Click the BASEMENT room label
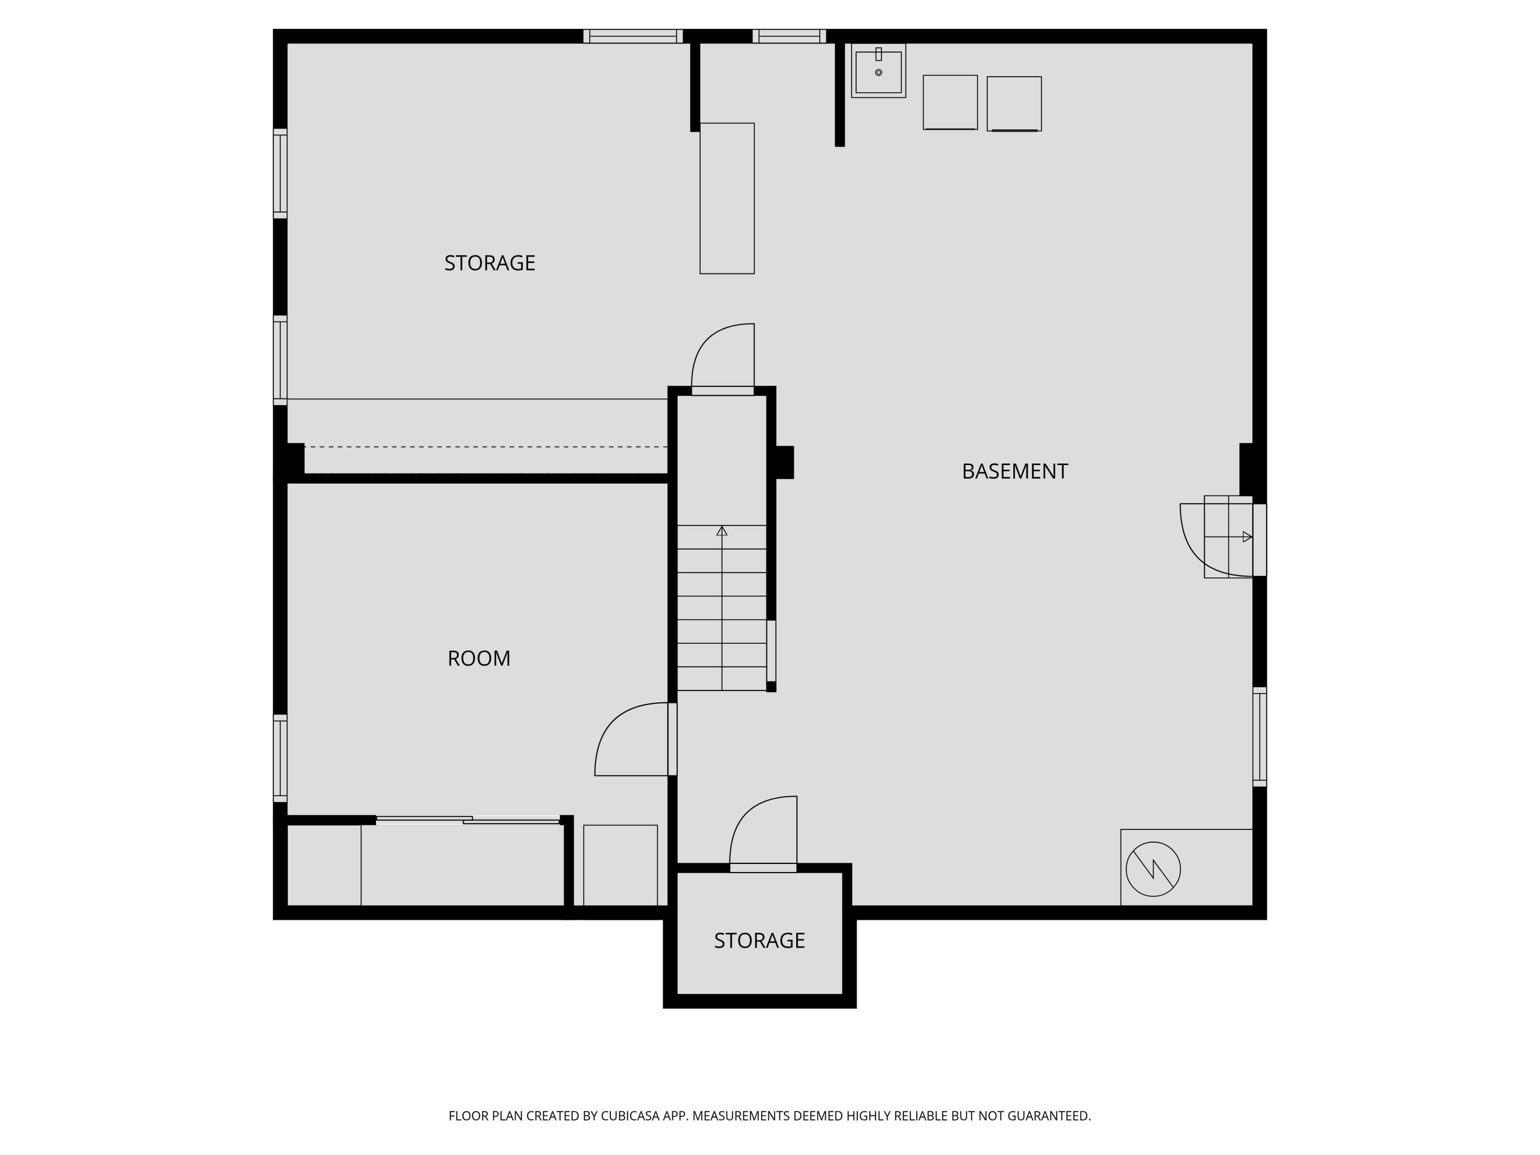click(1014, 471)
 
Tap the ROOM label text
click(479, 658)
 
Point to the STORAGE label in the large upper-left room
click(489, 262)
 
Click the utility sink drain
click(879, 72)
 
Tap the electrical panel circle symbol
click(1153, 869)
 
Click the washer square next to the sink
click(950, 102)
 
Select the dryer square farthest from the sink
click(1014, 104)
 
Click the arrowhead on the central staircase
click(722, 531)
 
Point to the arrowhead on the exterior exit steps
click(1247, 537)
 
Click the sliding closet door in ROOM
click(468, 821)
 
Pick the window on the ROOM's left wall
click(280, 758)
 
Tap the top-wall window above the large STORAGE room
click(633, 36)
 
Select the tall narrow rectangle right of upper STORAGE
click(727, 199)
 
